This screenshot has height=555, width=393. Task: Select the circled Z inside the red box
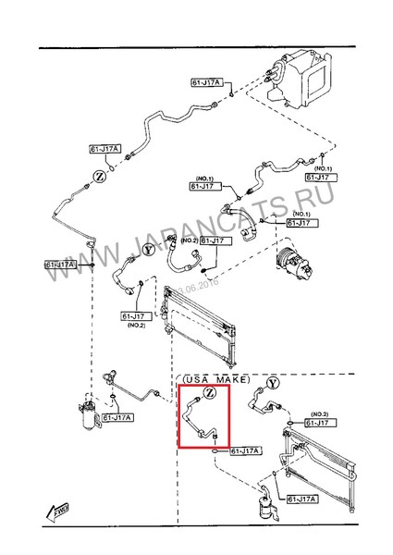[210, 394]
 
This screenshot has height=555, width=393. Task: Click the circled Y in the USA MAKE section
[271, 382]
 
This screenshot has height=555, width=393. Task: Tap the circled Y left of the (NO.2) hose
[147, 249]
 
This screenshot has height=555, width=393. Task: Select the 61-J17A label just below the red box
[246, 450]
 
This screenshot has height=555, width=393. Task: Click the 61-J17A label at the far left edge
[59, 265]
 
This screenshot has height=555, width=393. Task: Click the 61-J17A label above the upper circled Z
[106, 149]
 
